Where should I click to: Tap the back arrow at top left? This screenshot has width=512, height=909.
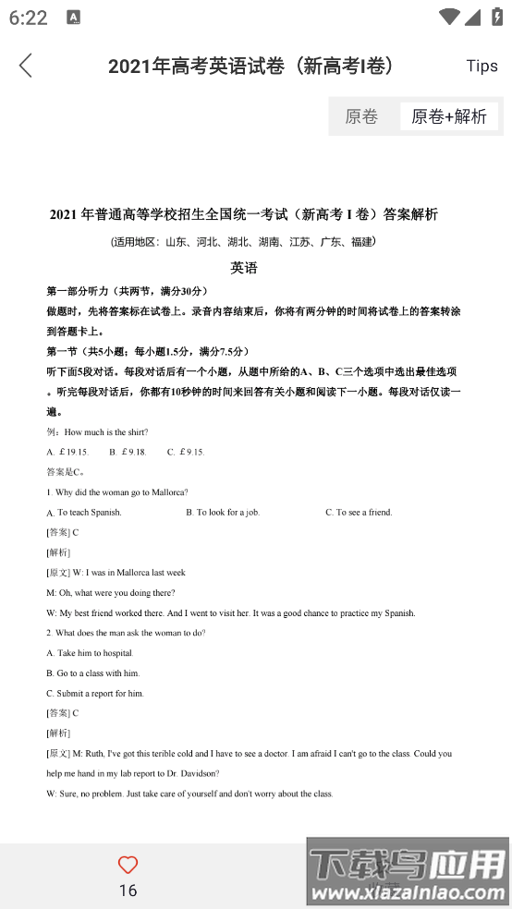coord(25,66)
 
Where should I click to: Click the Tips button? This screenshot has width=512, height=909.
coord(482,66)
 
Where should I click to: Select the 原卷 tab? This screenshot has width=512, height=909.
coord(361,116)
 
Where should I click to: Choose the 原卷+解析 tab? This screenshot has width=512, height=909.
coord(449,116)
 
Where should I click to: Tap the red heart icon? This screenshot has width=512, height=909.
coord(128,865)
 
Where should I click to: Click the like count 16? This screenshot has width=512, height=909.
coord(128,890)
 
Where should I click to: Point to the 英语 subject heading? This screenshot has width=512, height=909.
coord(244,268)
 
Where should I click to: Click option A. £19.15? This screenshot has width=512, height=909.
coord(67,452)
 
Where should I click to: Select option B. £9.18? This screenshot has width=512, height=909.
coord(128,452)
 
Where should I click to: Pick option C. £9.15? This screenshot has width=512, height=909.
coord(186,452)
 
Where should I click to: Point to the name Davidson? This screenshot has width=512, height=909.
coord(198,773)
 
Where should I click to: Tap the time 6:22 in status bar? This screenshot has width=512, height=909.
coord(28,18)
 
